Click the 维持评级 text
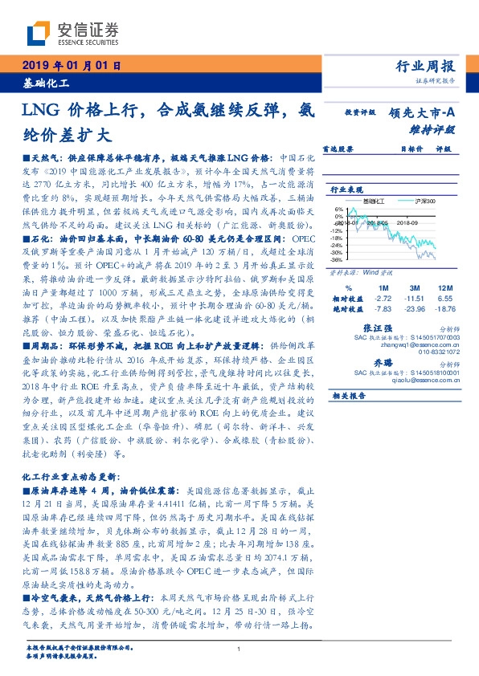[434, 128]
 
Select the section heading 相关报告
[350, 396]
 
